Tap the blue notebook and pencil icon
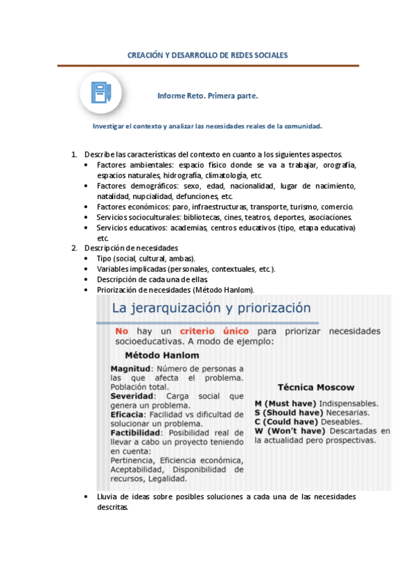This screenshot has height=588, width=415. [x=101, y=94]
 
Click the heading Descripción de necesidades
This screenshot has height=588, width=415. [x=131, y=248]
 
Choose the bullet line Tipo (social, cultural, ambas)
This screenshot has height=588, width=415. [x=136, y=258]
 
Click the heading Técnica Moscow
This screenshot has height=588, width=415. [x=315, y=388]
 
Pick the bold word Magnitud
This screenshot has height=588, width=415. [x=132, y=368]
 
